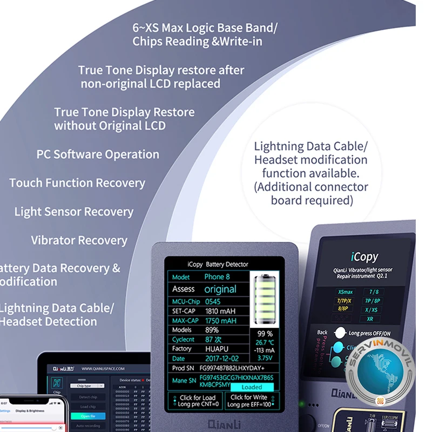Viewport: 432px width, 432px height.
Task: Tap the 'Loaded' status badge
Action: [x=252, y=387]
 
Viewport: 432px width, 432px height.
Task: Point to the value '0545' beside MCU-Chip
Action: [x=213, y=301]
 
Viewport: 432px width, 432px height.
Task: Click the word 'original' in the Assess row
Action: [x=220, y=289]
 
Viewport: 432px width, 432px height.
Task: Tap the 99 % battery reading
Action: [x=265, y=334]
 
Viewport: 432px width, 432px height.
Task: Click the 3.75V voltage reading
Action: [x=265, y=357]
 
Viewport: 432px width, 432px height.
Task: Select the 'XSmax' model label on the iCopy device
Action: [x=346, y=292]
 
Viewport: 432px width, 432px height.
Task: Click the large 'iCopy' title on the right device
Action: [x=364, y=257]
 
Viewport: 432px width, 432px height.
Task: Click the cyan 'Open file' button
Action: [x=88, y=416]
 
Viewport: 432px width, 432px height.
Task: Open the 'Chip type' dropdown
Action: [x=88, y=386]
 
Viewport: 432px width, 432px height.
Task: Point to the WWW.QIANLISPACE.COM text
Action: [x=103, y=368]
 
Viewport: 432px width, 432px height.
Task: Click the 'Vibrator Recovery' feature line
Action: [x=79, y=240]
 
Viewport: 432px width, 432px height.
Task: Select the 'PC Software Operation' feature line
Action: [x=98, y=154]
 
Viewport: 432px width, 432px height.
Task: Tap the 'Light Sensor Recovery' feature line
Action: [x=73, y=212]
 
